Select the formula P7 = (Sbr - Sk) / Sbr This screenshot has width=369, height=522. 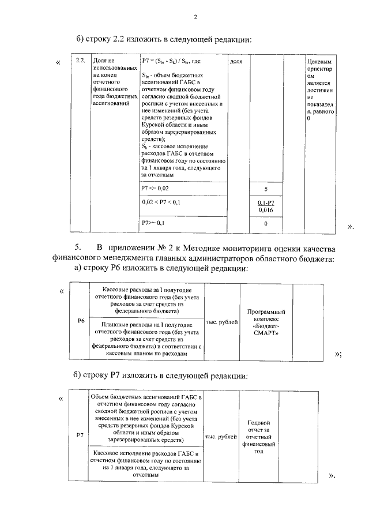[x=171, y=60]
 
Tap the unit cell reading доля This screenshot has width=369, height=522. [x=236, y=61]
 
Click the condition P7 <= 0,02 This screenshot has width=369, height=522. [x=156, y=189]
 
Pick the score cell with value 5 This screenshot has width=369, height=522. [x=266, y=189]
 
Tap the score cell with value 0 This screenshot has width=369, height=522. [x=266, y=223]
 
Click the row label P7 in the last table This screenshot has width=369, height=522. [x=80, y=435]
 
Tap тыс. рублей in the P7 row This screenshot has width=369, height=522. [x=221, y=437]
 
